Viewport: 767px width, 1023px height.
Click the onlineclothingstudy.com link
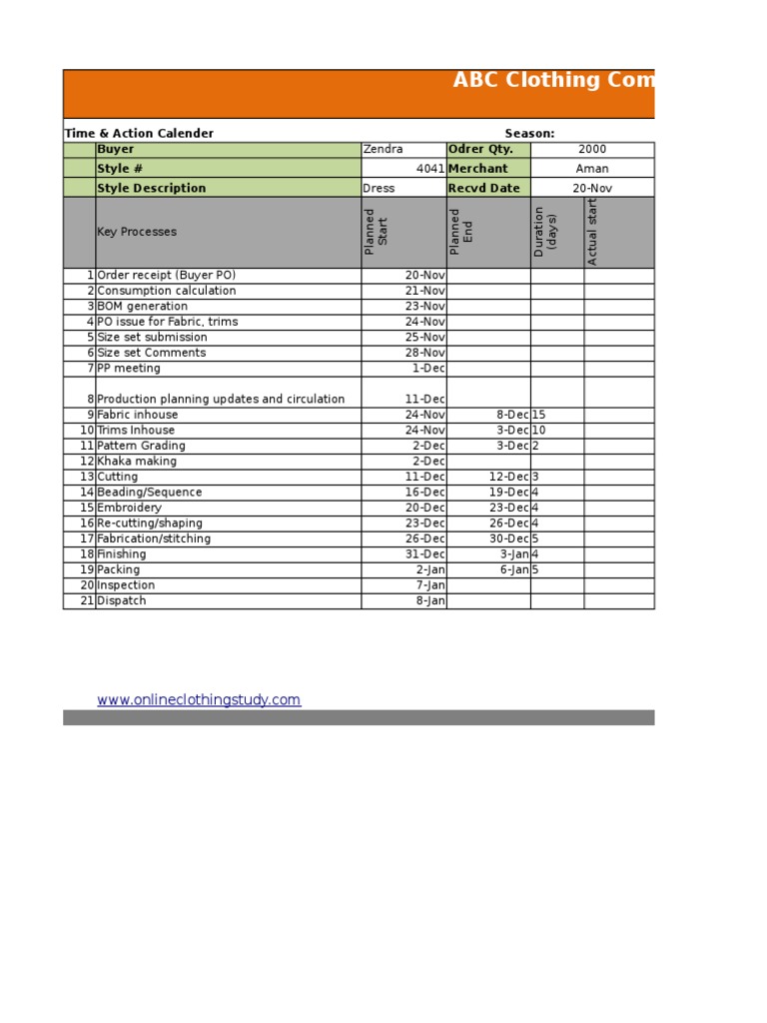tap(199, 700)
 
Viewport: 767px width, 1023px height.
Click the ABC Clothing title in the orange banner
tap(553, 81)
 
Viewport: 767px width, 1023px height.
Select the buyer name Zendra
tap(383, 150)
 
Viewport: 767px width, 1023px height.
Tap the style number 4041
tap(430, 169)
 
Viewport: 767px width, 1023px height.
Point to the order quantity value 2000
tap(592, 150)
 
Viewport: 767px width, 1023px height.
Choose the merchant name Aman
tap(592, 169)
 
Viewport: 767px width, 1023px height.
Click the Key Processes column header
tap(137, 232)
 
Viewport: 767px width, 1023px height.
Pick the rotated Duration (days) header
tap(545, 232)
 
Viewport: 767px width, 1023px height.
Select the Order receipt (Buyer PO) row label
tap(167, 275)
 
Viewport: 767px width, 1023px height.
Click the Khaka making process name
tap(137, 462)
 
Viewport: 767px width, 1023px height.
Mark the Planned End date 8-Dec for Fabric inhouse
tap(512, 415)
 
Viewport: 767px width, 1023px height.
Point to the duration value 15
tap(539, 415)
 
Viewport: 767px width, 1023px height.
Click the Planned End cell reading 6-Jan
tap(514, 569)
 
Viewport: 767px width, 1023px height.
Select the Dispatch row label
tap(122, 600)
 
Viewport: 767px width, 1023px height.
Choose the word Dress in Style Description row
tap(380, 188)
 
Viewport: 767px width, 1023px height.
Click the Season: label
tap(529, 134)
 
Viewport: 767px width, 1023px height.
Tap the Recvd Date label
tap(484, 188)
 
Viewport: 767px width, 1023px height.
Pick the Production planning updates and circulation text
tap(221, 400)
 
